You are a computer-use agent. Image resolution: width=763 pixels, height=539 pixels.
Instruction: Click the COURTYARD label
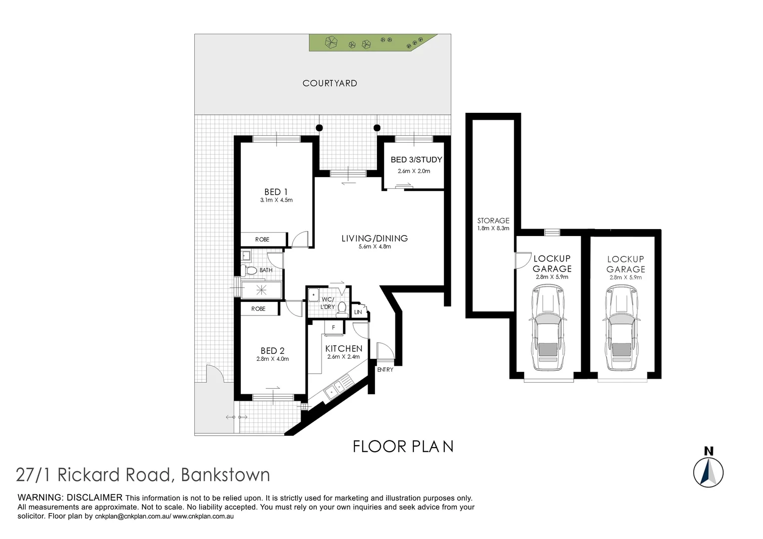tap(330, 83)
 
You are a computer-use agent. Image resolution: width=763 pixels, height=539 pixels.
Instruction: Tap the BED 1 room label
tap(276, 192)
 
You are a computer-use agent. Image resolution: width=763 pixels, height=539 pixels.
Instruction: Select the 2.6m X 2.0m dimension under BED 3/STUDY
tap(413, 171)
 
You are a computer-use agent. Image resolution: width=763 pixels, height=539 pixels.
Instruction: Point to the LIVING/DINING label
tap(375, 239)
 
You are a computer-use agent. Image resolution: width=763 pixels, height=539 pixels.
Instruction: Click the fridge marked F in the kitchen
tap(333, 328)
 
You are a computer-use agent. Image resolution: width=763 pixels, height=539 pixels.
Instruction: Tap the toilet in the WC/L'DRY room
tap(342, 309)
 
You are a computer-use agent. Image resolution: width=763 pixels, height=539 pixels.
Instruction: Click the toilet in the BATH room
tap(249, 270)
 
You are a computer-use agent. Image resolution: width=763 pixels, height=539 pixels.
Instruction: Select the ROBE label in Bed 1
tap(262, 240)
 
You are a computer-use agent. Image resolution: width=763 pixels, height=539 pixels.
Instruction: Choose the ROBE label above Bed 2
tap(258, 309)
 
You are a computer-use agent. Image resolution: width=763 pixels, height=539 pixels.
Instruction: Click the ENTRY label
tap(385, 370)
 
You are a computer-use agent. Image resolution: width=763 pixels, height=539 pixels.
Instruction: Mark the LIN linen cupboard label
tap(358, 312)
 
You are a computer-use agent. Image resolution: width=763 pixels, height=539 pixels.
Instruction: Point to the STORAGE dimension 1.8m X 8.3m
tap(493, 229)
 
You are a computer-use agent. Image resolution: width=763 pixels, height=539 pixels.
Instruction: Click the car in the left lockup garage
tap(548, 328)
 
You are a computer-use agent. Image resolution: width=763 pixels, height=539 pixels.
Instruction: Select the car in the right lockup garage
tap(622, 328)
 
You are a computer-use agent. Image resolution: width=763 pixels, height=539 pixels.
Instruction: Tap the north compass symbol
tap(708, 471)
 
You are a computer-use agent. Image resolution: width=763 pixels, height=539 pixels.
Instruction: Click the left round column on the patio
tap(319, 128)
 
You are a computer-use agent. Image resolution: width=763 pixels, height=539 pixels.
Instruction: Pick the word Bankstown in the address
tap(225, 475)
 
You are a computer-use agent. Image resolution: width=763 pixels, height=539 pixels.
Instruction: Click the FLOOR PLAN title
tap(403, 446)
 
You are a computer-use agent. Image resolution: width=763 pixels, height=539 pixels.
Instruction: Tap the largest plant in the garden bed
tap(331, 42)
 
